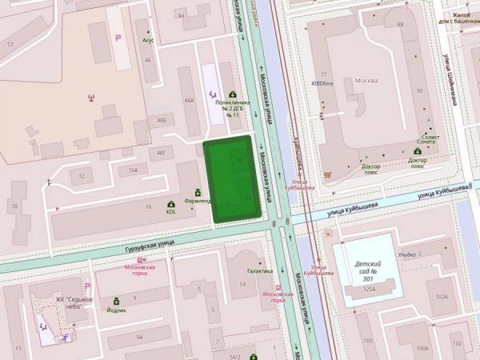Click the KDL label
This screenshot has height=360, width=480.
[x=171, y=212]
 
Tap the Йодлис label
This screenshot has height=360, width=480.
[x=117, y=310]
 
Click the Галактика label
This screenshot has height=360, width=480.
[x=259, y=271]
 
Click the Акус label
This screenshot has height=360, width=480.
[x=148, y=39]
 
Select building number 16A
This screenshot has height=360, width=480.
[x=133, y=170]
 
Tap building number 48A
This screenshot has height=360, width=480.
[x=189, y=101]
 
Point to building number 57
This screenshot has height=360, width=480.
[x=10, y=44]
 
